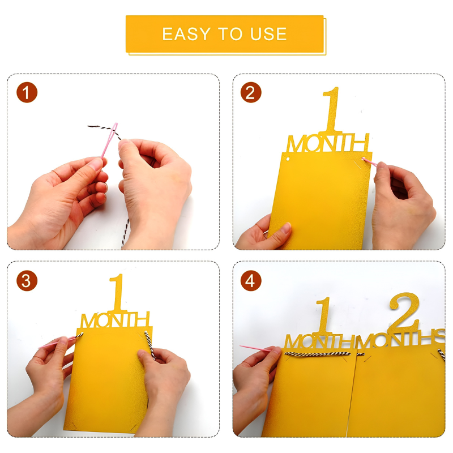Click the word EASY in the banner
(x=186, y=34)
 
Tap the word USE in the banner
(x=268, y=34)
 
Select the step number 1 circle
(x=27, y=92)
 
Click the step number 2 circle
(x=251, y=92)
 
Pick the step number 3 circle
(x=27, y=280)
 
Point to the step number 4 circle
(x=251, y=280)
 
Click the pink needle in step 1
(x=109, y=140)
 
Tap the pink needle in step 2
(x=370, y=162)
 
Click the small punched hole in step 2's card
(x=288, y=159)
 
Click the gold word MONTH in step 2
(x=328, y=143)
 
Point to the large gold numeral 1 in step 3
(x=118, y=293)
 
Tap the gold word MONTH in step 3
(x=116, y=319)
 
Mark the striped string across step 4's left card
(x=318, y=354)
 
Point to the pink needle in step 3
(x=57, y=342)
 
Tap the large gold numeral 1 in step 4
(x=324, y=315)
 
